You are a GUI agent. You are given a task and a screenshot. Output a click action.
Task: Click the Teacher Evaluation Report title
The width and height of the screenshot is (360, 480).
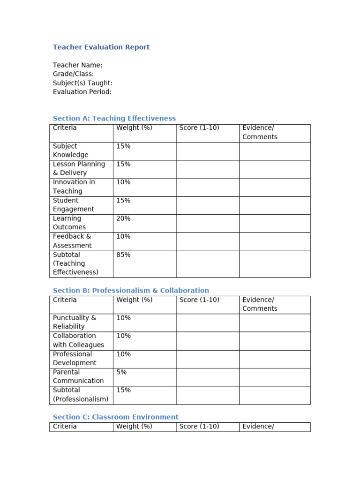click(101, 47)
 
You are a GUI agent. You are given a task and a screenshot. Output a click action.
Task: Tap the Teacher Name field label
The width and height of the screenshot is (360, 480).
click(77, 65)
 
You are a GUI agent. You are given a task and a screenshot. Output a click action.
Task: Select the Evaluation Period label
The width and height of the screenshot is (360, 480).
click(82, 92)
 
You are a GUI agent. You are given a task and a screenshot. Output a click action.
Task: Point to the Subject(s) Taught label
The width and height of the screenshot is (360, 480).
click(82, 83)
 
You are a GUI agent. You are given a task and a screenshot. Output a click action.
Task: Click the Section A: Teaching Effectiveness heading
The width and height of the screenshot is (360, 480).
click(114, 119)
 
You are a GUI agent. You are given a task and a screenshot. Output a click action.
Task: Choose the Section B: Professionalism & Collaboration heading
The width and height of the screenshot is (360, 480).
click(131, 291)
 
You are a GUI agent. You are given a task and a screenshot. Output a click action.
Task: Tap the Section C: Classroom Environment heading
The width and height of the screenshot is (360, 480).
click(115, 417)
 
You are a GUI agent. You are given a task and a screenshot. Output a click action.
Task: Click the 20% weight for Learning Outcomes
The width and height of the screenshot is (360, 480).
click(123, 218)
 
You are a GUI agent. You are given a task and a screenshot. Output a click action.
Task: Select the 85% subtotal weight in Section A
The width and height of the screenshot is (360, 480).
click(123, 255)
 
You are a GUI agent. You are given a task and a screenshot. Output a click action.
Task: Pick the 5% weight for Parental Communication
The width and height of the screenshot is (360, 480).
click(121, 372)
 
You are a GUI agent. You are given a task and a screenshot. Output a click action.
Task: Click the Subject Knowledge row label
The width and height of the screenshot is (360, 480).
click(70, 150)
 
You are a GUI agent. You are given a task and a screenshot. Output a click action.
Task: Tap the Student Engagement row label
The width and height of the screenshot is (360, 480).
click(73, 205)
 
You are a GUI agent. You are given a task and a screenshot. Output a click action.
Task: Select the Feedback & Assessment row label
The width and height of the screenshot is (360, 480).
click(72, 241)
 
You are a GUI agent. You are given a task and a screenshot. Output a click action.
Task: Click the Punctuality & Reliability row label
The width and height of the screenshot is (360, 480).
click(74, 322)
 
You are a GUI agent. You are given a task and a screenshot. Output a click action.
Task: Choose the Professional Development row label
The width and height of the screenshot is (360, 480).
click(74, 359)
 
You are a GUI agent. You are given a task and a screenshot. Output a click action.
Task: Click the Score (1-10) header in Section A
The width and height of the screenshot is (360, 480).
click(199, 128)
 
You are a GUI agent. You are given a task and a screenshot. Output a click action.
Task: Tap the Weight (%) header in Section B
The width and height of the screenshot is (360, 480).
click(134, 300)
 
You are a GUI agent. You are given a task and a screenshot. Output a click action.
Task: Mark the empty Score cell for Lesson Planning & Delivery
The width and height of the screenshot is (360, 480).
click(207, 169)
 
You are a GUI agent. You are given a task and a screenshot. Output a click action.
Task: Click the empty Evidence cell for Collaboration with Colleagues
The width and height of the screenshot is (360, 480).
click(274, 340)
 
